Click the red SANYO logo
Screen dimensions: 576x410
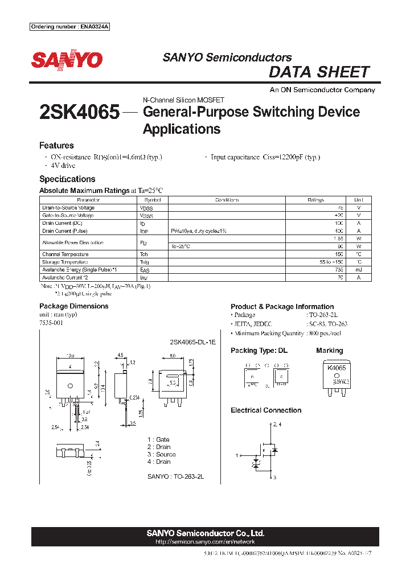pyautogui.click(x=67, y=60)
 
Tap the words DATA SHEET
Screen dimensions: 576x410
pyautogui.click(x=319, y=72)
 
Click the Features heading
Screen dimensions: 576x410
pyautogui.click(x=56, y=146)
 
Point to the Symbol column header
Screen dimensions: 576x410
pyautogui.click(x=153, y=200)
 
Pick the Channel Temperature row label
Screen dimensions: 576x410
pyautogui.click(x=65, y=254)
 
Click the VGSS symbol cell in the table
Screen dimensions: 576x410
pyautogui.click(x=146, y=216)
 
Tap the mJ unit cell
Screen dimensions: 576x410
pyautogui.click(x=359, y=270)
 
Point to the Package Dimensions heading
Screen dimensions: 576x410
pyautogui.click(x=73, y=306)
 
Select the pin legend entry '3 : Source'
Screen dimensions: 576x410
pyautogui.click(x=161, y=454)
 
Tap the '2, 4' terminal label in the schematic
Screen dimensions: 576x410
pyautogui.click(x=277, y=425)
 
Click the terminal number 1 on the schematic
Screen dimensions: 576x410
pyautogui.click(x=237, y=455)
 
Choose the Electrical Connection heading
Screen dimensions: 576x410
pyautogui.click(x=266, y=410)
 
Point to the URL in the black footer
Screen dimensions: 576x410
pyautogui.click(x=205, y=543)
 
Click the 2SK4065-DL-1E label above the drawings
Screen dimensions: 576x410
pyautogui.click(x=193, y=343)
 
